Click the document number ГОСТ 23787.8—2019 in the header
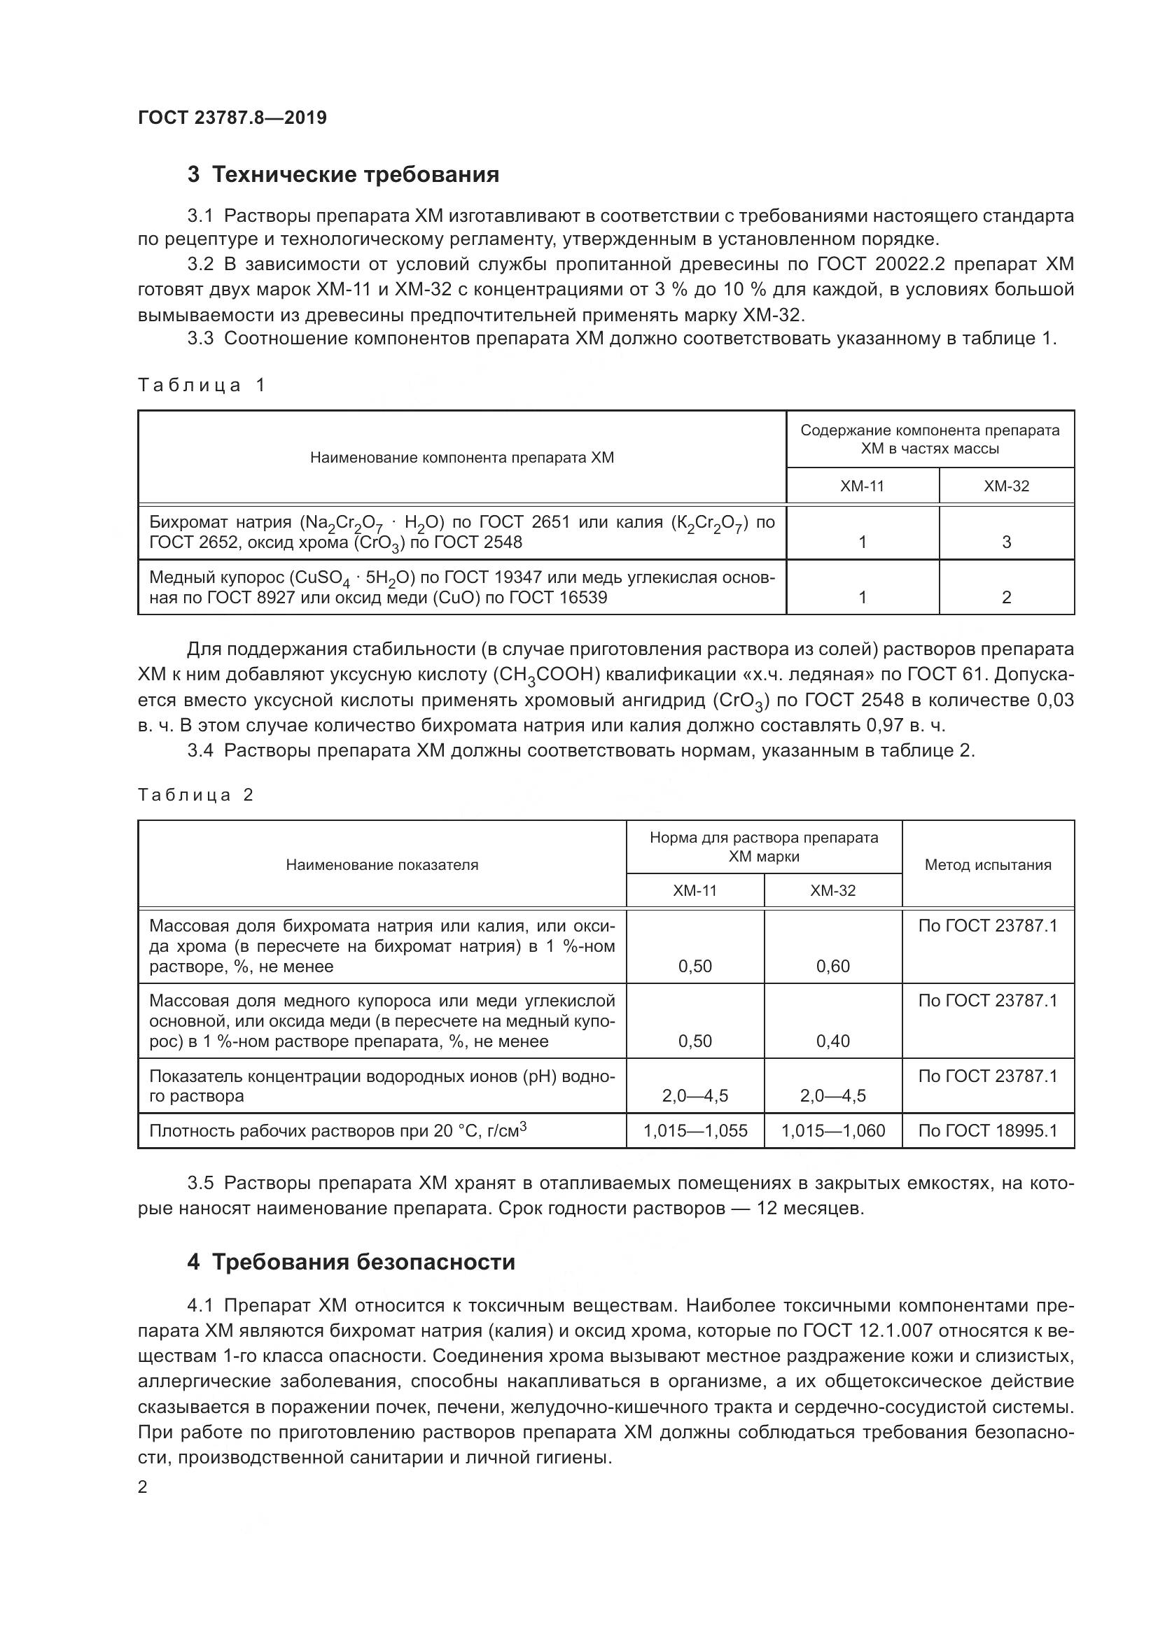pyautogui.click(x=232, y=118)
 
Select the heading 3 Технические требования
pyautogui.click(x=343, y=175)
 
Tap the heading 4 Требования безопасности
pyautogui.click(x=351, y=1262)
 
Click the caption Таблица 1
pyautogui.click(x=201, y=386)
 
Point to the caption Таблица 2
pyautogui.click(x=195, y=795)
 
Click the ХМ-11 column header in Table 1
pyautogui.click(x=861, y=486)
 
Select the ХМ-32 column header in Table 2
pyautogui.click(x=832, y=890)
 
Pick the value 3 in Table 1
pyautogui.click(x=1006, y=542)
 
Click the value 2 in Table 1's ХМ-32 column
pyautogui.click(x=1006, y=598)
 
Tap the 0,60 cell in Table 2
pyautogui.click(x=832, y=967)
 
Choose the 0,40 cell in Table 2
pyautogui.click(x=832, y=1041)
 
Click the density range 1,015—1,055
pyautogui.click(x=695, y=1131)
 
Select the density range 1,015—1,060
pyautogui.click(x=832, y=1131)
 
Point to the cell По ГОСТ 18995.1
pyautogui.click(x=988, y=1131)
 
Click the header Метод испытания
pyautogui.click(x=988, y=865)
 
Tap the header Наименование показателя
pyautogui.click(x=382, y=865)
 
